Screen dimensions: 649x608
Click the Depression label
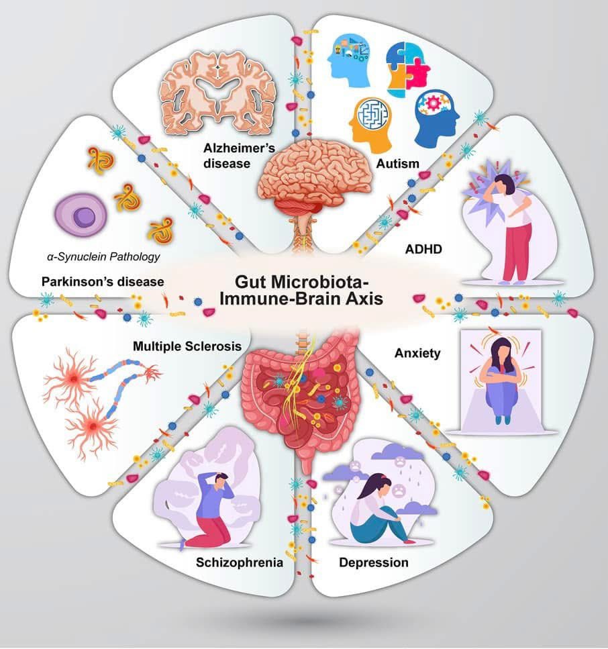point(374,562)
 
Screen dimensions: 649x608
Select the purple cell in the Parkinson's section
point(79,216)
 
